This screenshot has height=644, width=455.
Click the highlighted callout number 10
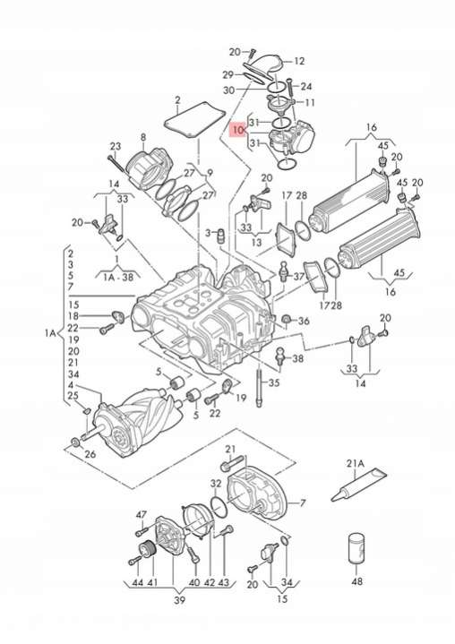tap(237, 131)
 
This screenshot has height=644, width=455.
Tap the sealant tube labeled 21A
tap(359, 485)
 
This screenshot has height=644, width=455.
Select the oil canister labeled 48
tap(356, 548)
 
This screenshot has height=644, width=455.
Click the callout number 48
tap(356, 581)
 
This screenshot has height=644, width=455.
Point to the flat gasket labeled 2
tap(194, 118)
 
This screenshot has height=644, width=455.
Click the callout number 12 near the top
tap(299, 61)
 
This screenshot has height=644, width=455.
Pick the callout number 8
tap(143, 137)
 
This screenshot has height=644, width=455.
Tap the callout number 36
tap(304, 321)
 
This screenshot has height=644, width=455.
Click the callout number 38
tap(297, 358)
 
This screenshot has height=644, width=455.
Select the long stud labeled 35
tap(259, 387)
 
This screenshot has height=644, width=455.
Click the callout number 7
tap(303, 502)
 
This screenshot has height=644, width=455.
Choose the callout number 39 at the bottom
tap(179, 600)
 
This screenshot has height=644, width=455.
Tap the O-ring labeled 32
tap(219, 508)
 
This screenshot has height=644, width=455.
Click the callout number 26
tap(90, 454)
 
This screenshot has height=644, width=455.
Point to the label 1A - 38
tap(118, 277)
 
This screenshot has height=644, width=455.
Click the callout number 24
tap(306, 86)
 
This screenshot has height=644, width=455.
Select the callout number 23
tap(116, 146)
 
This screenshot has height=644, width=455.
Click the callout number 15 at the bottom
tap(282, 598)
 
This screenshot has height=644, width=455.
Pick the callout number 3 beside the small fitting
tap(208, 233)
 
